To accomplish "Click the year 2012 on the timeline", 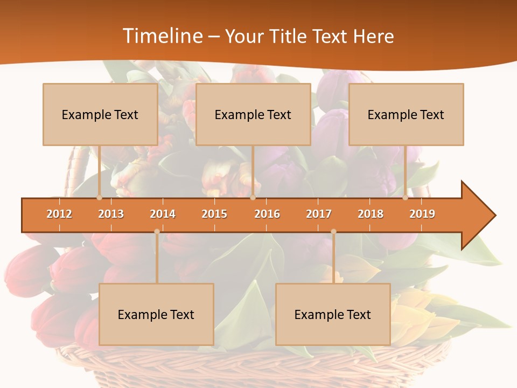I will point(59,214).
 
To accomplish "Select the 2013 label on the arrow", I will point(111,214).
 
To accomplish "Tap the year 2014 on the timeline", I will point(163,214).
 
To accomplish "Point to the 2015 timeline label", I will point(214,214).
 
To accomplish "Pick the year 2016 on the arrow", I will point(267,214).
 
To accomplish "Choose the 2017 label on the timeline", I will point(319,214).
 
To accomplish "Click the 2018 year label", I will point(371,214).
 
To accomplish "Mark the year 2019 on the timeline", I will point(422,214).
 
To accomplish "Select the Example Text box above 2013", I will point(100,114).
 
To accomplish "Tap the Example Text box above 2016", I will point(253,114).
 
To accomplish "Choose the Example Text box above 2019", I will point(406,114).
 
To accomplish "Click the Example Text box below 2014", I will point(156,314).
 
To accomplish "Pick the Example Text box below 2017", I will point(333,314).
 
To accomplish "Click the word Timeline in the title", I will point(162,36).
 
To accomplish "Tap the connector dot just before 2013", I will point(99,198).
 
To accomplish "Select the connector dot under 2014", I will point(157,232).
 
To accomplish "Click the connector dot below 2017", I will point(333,232).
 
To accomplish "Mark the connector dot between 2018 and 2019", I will point(405,198).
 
